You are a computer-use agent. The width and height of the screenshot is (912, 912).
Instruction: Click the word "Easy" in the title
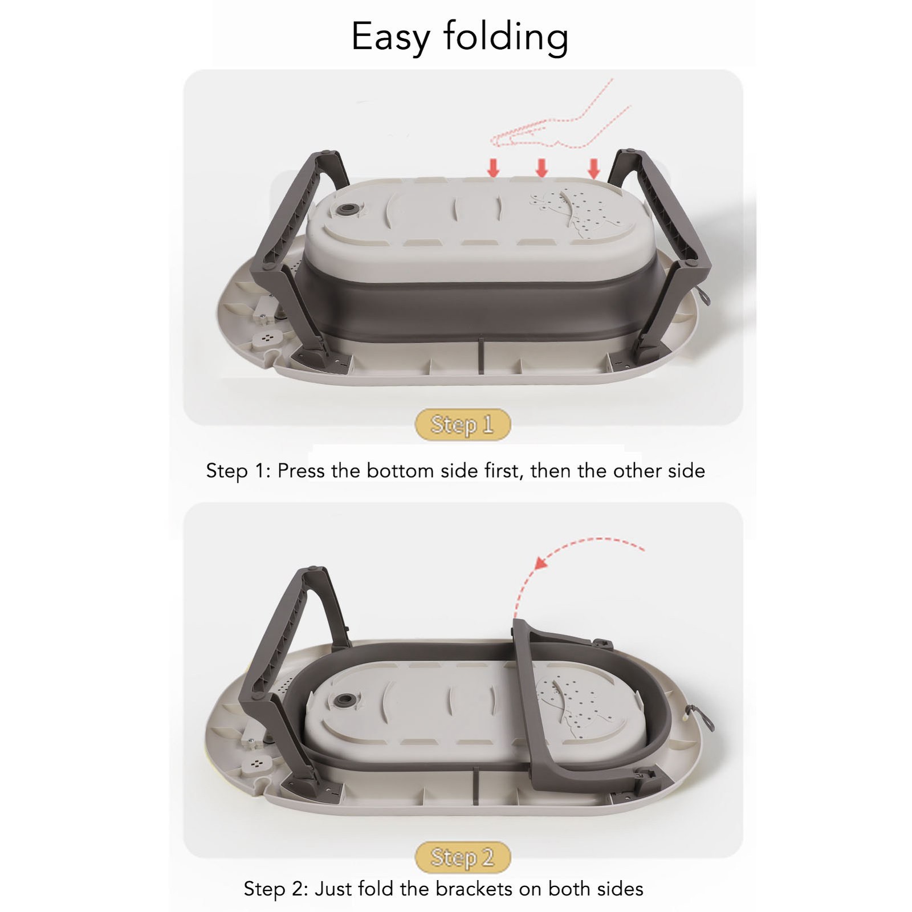point(390,38)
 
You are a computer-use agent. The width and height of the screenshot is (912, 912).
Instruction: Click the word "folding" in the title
point(506,38)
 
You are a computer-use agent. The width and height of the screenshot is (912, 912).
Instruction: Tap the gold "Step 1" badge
point(462,425)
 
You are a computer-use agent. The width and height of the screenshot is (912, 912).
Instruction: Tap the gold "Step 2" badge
point(462,857)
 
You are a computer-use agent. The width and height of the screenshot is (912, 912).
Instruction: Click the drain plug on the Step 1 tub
point(347,209)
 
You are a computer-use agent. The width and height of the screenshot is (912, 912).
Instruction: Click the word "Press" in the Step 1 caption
point(302,471)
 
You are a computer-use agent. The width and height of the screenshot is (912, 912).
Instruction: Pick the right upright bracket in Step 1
point(661,256)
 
